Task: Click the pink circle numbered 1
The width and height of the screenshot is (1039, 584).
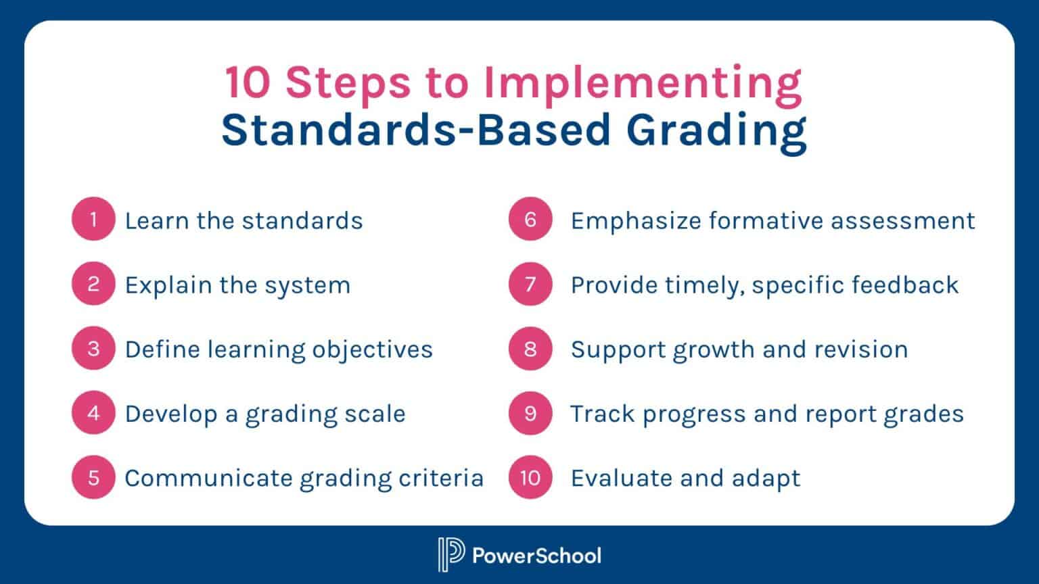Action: (x=93, y=219)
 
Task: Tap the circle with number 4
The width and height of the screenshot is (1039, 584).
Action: (x=93, y=413)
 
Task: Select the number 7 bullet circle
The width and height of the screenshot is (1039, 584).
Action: (x=530, y=284)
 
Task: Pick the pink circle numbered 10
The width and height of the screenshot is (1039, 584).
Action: (x=530, y=478)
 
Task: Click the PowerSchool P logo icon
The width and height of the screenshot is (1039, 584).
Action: (x=451, y=555)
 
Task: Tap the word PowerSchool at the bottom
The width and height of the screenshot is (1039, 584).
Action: (x=536, y=556)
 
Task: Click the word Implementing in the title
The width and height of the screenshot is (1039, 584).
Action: (x=642, y=82)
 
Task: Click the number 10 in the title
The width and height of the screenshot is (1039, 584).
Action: (x=248, y=82)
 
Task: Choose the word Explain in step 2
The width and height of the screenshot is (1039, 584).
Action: (x=168, y=285)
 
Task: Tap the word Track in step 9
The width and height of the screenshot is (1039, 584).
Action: (x=602, y=414)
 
